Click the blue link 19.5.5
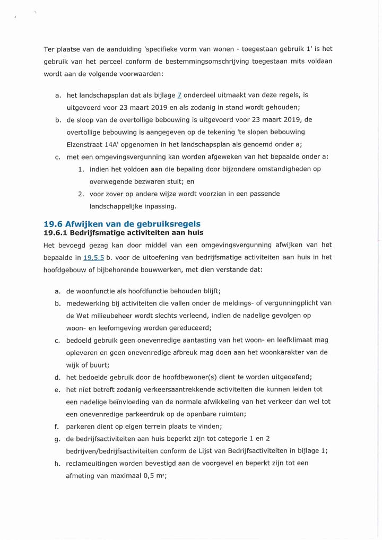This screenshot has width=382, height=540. tap(93, 257)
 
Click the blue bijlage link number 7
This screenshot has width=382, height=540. tap(179, 95)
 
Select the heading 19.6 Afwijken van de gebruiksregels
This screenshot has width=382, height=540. tap(122, 224)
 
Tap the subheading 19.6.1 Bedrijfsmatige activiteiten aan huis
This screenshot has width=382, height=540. tap(123, 233)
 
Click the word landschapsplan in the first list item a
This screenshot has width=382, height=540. tap(100, 95)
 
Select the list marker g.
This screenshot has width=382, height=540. tap(57, 439)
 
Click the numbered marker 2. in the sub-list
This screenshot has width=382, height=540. tap(81, 194)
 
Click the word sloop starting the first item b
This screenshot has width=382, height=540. tap(86, 119)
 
